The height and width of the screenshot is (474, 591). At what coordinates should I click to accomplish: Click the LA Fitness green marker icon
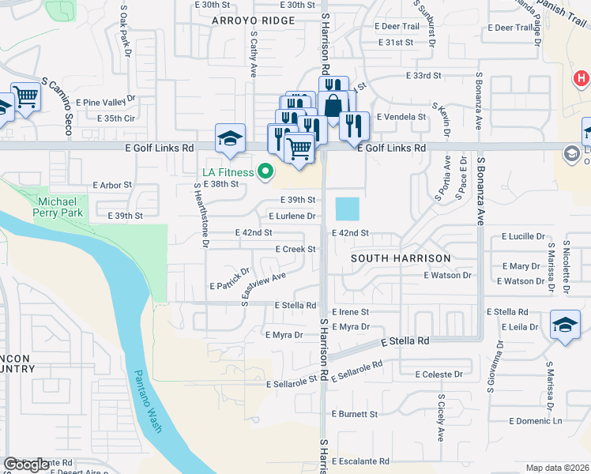point(266,171)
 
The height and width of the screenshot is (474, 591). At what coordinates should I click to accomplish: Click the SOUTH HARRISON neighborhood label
point(401,258)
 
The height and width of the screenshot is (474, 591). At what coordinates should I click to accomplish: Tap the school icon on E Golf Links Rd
point(229,139)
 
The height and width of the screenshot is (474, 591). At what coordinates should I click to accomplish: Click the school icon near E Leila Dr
point(565,325)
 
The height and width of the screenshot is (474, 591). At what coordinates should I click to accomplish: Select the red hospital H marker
point(582,78)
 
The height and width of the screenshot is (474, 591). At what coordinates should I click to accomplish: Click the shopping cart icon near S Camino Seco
point(25,96)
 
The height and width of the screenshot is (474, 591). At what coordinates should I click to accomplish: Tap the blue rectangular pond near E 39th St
point(347,209)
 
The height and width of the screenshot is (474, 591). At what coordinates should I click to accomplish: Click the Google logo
point(27,465)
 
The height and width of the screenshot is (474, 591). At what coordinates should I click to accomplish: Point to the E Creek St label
point(295,249)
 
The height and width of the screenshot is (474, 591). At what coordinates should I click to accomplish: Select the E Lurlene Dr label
point(292,216)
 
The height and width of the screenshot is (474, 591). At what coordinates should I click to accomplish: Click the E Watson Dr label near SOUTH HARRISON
point(447,276)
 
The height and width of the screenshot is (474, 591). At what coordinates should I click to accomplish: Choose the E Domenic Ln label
point(536,421)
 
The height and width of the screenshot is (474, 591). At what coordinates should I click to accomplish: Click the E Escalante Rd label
point(361,461)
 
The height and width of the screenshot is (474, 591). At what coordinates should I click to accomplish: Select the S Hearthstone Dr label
point(201,215)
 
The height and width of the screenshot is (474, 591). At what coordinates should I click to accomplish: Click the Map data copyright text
point(557,468)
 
